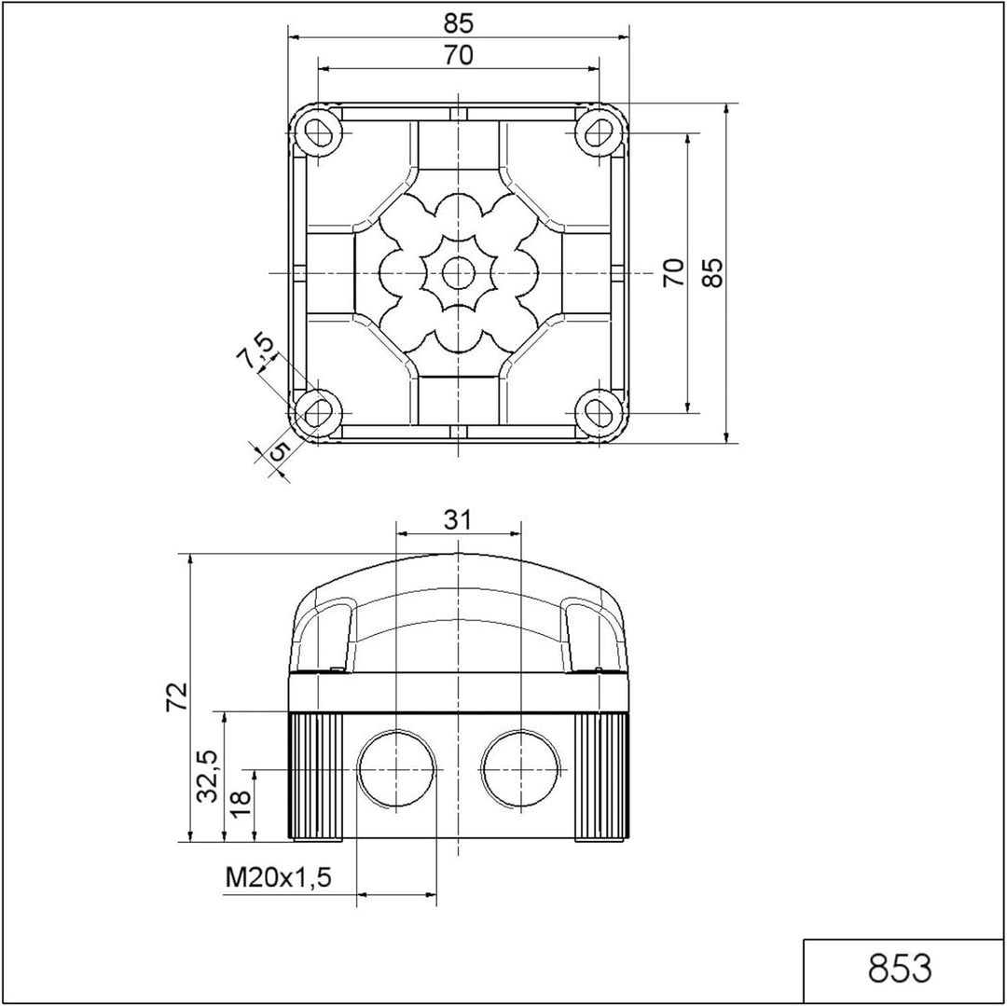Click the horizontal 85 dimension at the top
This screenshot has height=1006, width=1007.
(458, 23)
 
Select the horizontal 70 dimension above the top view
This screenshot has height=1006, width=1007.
(458, 56)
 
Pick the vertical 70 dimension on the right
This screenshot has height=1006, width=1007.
(674, 273)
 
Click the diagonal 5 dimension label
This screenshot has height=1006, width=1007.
(279, 450)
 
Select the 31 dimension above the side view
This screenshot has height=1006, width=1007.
(458, 519)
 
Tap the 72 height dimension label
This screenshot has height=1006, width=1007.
(176, 696)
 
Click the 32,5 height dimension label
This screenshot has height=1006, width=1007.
(208, 776)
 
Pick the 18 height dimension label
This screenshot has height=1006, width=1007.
(240, 803)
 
